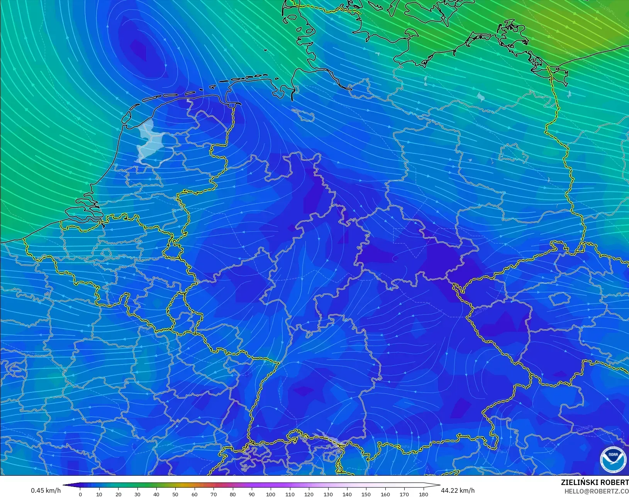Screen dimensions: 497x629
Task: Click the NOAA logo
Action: click(x=613, y=459)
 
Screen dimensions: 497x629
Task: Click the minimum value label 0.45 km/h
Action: click(x=46, y=490)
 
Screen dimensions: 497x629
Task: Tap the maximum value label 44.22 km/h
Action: click(x=458, y=490)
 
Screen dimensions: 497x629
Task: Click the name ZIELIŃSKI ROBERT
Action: click(x=595, y=483)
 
